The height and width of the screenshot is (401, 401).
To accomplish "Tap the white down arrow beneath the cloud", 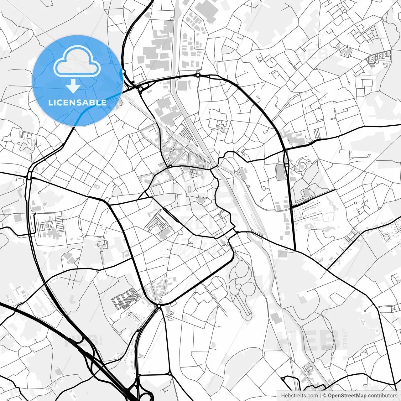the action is (73, 86).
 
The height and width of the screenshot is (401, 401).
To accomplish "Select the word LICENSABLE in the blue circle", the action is (77, 102).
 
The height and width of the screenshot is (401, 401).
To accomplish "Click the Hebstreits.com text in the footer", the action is (299, 396).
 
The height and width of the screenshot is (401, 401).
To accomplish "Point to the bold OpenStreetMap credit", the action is (347, 396).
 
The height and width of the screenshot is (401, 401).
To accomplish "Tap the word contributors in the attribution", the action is (383, 396).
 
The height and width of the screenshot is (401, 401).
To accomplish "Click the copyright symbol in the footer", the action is (325, 396).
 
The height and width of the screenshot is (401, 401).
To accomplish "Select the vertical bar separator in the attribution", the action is (320, 396).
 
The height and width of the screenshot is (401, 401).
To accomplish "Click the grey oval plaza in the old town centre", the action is (201, 200).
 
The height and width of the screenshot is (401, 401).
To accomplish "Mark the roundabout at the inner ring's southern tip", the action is (159, 305).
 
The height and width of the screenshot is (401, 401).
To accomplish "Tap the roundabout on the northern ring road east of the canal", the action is (198, 75).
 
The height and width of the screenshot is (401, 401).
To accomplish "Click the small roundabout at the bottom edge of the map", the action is (169, 373).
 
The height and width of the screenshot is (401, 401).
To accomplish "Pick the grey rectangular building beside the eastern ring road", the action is (280, 172).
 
